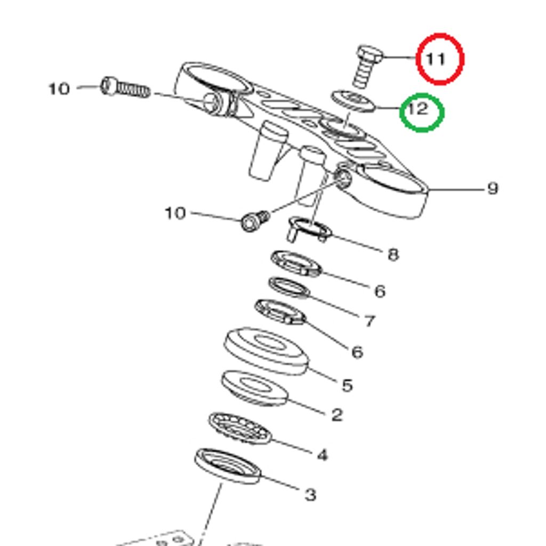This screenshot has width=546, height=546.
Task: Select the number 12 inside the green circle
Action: pyautogui.click(x=418, y=109)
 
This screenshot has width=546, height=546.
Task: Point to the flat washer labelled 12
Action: pyautogui.click(x=352, y=101)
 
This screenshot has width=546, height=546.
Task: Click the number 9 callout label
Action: pyautogui.click(x=493, y=188)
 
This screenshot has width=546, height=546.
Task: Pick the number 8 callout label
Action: pyautogui.click(x=393, y=255)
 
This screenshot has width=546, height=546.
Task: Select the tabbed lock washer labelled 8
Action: pyautogui.click(x=309, y=229)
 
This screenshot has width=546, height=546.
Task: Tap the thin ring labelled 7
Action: pyautogui.click(x=289, y=288)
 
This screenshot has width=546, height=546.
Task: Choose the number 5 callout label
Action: pyautogui.click(x=347, y=385)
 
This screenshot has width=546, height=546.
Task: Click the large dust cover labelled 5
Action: pyautogui.click(x=266, y=350)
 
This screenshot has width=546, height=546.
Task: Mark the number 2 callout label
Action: pyautogui.click(x=336, y=415)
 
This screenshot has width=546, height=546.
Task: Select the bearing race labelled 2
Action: pyautogui.click(x=254, y=388)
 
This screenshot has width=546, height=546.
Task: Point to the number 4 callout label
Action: pyautogui.click(x=322, y=455)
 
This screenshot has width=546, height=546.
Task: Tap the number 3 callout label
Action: pyautogui.click(x=310, y=495)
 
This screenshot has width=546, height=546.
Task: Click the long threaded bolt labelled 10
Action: pyautogui.click(x=125, y=87)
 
